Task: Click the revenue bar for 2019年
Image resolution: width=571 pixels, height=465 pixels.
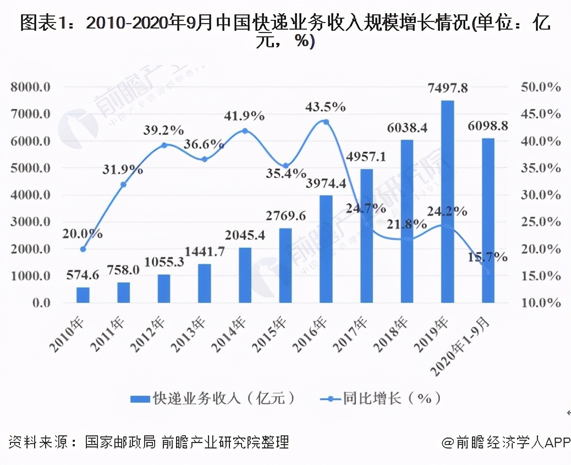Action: [447, 201]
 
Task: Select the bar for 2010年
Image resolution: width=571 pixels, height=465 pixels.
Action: [83, 295]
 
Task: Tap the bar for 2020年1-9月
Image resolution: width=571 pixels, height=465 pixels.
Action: [488, 220]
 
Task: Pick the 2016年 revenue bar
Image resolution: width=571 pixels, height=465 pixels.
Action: [326, 248]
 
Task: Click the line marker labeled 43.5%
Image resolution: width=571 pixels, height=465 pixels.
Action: [326, 122]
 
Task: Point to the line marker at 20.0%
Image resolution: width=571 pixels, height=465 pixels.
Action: [83, 249]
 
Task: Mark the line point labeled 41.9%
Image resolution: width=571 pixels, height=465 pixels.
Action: [245, 131]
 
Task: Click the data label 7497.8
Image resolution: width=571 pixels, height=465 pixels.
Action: [447, 88]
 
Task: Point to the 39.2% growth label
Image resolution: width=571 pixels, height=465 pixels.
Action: [163, 130]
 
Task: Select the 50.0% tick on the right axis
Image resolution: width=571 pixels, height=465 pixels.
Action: [539, 87]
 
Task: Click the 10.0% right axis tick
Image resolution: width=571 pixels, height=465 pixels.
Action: [539, 303]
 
